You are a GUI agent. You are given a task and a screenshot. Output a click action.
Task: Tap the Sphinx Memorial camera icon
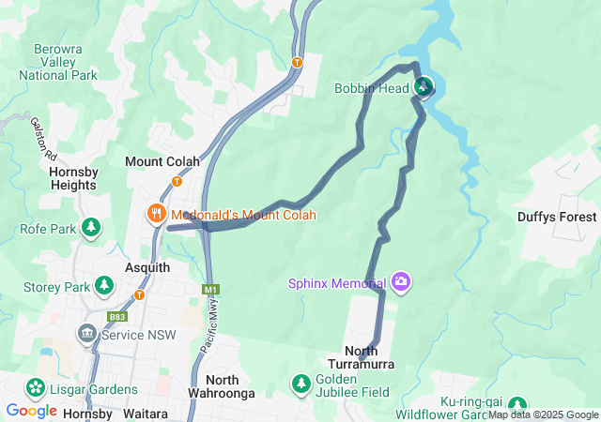pos(401,282)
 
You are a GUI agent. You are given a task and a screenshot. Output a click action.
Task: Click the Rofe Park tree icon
pos(91,227)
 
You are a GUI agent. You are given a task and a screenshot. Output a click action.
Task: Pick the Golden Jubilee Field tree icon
pos(300,383)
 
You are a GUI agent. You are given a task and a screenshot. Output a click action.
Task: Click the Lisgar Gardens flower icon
pos(36,387)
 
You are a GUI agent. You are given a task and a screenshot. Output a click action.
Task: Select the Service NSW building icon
pos(86,334)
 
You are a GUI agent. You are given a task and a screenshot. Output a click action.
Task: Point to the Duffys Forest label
pos(557,217)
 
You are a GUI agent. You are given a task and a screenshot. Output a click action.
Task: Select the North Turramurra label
pos(362,357)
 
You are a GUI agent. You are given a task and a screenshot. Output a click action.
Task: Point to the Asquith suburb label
pos(147,267)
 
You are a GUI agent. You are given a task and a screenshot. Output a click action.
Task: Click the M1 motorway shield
pos(209,290)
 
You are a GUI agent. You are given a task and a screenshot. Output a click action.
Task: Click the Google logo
pos(31,411)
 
